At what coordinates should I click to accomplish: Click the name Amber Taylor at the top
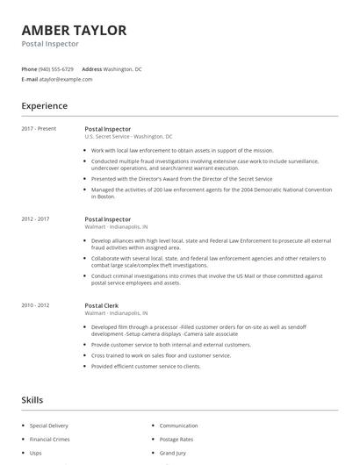74,30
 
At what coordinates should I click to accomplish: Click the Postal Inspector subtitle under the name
50,44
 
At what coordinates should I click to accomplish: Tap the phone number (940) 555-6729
57,68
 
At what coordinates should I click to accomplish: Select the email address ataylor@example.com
66,79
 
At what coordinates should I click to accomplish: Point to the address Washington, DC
122,68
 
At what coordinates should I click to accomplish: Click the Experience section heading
44,106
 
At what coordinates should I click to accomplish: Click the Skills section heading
32,400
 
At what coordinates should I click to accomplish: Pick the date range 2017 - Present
39,129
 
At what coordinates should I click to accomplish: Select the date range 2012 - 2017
35,219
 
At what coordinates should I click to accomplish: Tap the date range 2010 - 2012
35,304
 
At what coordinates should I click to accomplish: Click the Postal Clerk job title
102,304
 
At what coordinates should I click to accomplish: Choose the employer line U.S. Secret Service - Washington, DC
128,137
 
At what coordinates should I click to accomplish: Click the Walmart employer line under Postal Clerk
116,312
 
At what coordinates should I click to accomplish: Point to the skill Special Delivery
48,425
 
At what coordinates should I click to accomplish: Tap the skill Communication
179,425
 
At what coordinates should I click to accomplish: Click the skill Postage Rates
177,439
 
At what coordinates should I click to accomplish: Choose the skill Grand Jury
174,453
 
